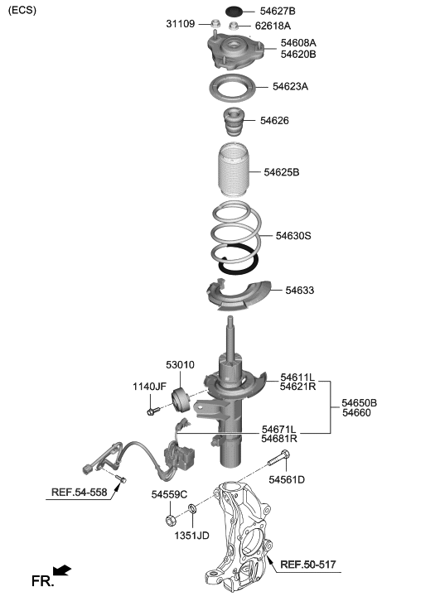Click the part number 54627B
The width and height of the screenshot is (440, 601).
pyautogui.click(x=278, y=11)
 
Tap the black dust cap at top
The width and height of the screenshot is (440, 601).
pyautogui.click(x=235, y=11)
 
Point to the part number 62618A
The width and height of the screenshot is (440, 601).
pyautogui.click(x=273, y=26)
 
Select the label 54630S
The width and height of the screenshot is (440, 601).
pyautogui.click(x=293, y=236)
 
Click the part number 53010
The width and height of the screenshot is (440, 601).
pyautogui.click(x=180, y=364)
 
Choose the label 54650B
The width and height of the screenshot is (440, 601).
pyautogui.click(x=360, y=402)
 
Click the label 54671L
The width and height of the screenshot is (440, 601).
pyautogui.click(x=279, y=429)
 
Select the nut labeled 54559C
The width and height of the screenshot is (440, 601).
pyautogui.click(x=170, y=521)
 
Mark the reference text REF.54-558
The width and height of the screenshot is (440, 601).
pyautogui.click(x=80, y=493)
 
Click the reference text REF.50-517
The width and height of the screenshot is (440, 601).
pyautogui.click(x=308, y=565)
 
